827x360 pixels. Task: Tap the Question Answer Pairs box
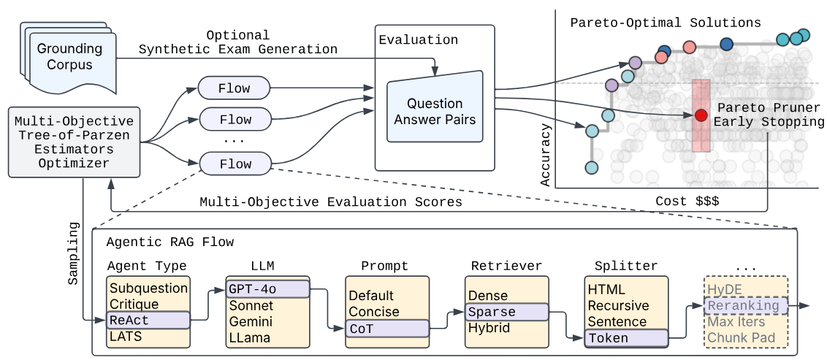pyautogui.click(x=435, y=112)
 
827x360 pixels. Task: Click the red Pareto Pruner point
pyautogui.click(x=701, y=115)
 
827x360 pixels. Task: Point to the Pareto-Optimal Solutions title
pyautogui.click(x=665, y=23)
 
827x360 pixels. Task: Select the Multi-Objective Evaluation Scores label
pyautogui.click(x=330, y=202)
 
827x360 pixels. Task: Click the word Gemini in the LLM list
pyautogui.click(x=251, y=321)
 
